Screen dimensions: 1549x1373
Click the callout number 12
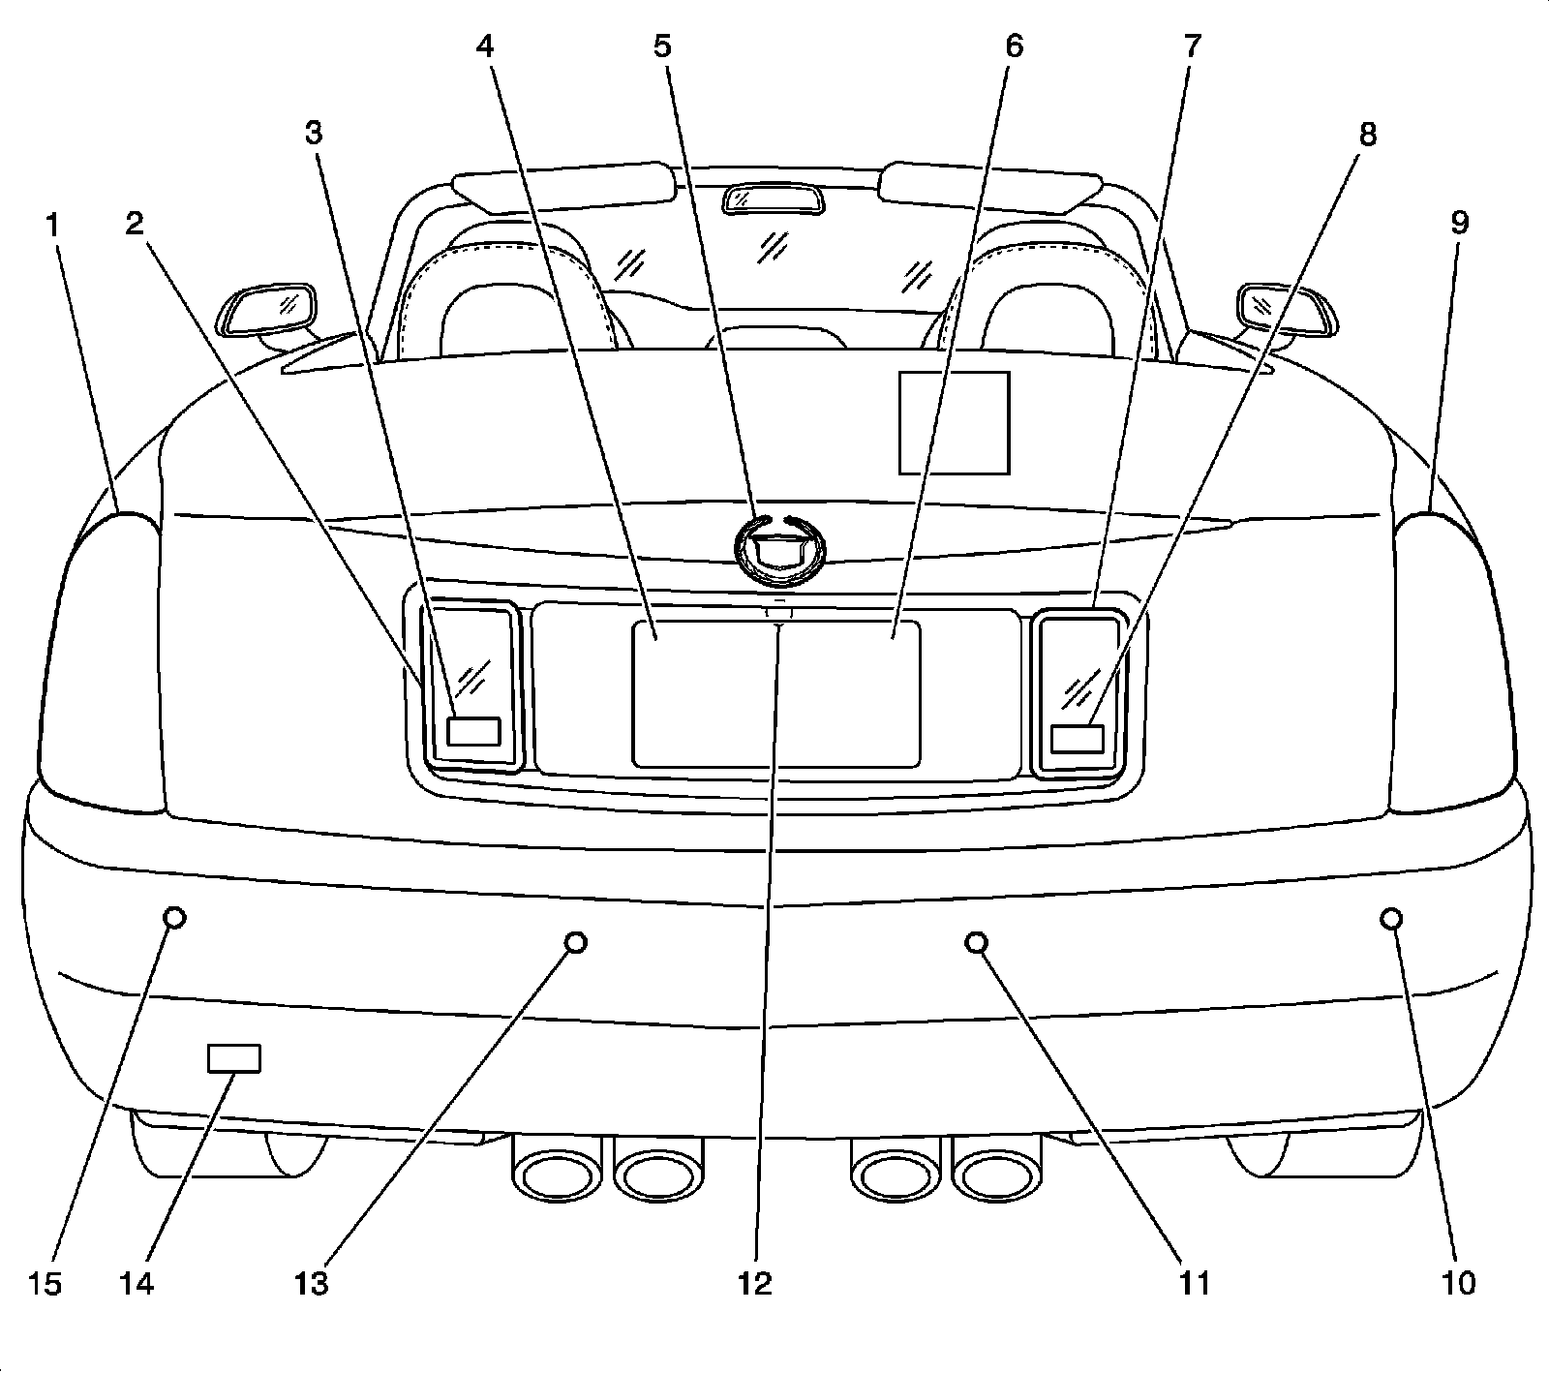(755, 1284)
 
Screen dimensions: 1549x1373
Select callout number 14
(137, 1284)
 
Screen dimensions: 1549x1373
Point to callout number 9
(1459, 224)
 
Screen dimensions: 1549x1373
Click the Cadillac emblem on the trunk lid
(780, 549)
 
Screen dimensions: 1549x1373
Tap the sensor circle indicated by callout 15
(174, 917)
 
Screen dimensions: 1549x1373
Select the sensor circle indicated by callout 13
(576, 942)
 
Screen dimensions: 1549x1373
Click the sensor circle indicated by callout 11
(977, 942)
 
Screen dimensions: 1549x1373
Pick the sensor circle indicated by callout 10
(1392, 918)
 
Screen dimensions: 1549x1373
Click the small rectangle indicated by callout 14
(234, 1058)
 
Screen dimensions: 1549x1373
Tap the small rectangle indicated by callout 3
(473, 731)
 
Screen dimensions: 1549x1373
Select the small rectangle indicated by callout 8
(1078, 739)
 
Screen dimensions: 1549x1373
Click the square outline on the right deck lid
(955, 423)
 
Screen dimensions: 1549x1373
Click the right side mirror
(1288, 312)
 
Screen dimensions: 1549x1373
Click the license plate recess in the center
(775, 693)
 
